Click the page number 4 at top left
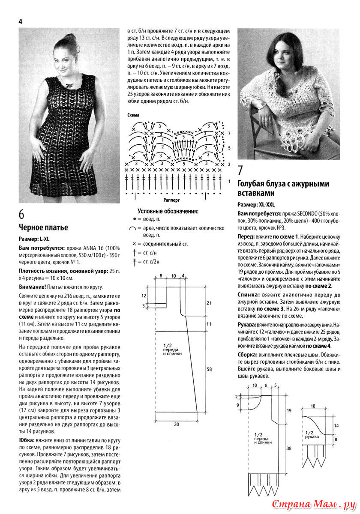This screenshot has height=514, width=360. [20, 21]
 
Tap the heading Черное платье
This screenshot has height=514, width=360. [43, 227]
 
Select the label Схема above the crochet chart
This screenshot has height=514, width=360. [134, 115]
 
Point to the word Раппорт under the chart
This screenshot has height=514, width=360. [171, 200]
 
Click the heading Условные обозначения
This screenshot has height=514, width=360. [168, 211]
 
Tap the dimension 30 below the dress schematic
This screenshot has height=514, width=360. [177, 424]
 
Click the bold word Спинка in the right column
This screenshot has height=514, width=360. [248, 295]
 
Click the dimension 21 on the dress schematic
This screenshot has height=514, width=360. [209, 303]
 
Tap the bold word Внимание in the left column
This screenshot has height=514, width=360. [34, 287]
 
